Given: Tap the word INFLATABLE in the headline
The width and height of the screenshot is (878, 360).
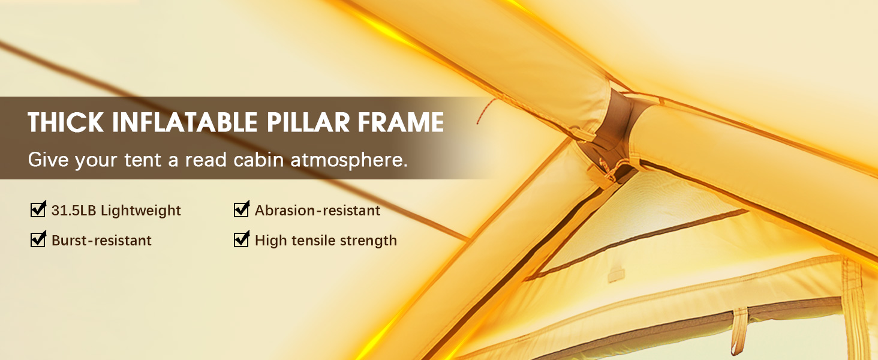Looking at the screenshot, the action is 185,122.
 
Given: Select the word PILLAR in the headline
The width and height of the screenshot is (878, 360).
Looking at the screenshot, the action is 308,122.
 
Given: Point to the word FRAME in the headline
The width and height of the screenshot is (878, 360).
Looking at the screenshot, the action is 401,122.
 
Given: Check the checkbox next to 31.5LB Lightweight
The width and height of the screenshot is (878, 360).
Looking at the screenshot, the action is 38,209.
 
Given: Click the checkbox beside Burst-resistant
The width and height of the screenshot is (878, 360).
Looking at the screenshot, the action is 38,239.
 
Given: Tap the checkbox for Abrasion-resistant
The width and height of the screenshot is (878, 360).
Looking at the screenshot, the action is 242,209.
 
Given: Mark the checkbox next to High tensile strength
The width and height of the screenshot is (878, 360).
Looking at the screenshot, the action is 242,239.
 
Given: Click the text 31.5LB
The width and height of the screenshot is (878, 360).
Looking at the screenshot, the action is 74,211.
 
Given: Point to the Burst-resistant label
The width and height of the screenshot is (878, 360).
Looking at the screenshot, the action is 101,241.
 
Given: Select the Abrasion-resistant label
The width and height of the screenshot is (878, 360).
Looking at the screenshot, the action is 317,211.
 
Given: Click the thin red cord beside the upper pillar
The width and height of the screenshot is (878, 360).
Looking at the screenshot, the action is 486,110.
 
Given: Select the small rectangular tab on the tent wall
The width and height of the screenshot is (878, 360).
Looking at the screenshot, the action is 616,275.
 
